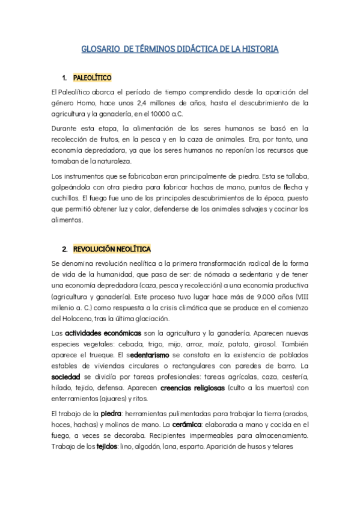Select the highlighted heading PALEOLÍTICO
click(92, 78)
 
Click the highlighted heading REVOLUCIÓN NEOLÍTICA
click(112, 248)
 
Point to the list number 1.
click(64, 78)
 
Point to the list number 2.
click(64, 248)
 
